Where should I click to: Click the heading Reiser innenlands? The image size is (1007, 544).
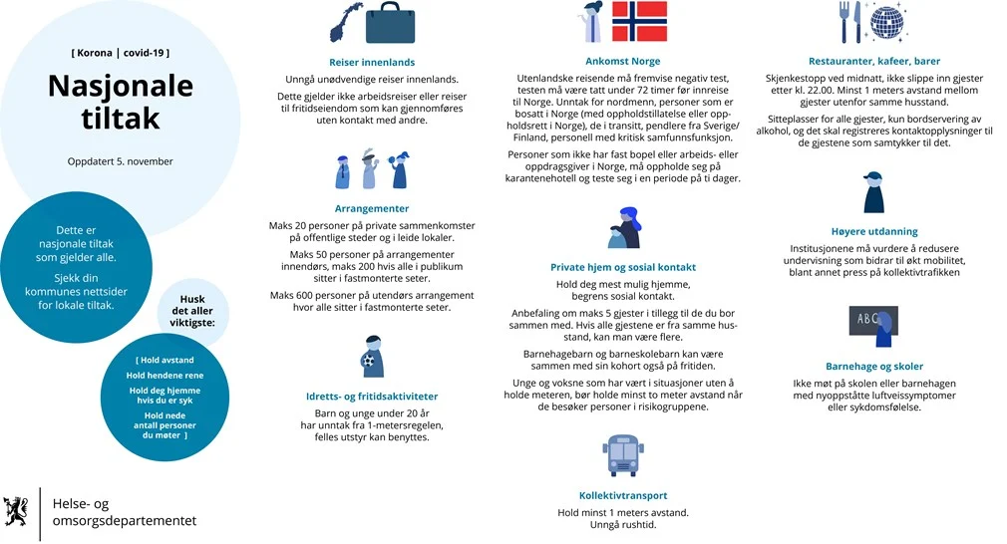pyautogui.click(x=372, y=62)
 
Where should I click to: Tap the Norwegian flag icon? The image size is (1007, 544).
pyautogui.click(x=639, y=21)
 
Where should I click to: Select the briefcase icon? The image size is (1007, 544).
pyautogui.click(x=396, y=21)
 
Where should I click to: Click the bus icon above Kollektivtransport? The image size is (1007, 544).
pyautogui.click(x=622, y=455)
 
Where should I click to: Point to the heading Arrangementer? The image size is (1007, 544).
pyautogui.click(x=372, y=209)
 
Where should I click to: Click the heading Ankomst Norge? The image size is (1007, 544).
pyautogui.click(x=622, y=61)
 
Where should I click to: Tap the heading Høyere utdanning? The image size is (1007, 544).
pyautogui.click(x=873, y=231)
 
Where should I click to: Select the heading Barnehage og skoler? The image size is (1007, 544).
pyautogui.click(x=873, y=366)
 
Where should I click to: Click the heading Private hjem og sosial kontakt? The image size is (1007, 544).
pyautogui.click(x=622, y=267)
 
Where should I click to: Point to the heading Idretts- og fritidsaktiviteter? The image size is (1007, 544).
pyautogui.click(x=372, y=396)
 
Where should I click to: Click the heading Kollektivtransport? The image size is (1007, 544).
pyautogui.click(x=622, y=495)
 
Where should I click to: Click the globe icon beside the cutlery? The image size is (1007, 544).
pyautogui.click(x=886, y=21)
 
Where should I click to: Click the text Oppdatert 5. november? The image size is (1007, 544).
pyautogui.click(x=120, y=161)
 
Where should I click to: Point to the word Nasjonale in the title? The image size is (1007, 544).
pyautogui.click(x=120, y=87)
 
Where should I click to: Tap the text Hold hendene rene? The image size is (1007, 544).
pyautogui.click(x=164, y=375)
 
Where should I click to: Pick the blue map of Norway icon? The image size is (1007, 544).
pyautogui.click(x=347, y=21)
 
